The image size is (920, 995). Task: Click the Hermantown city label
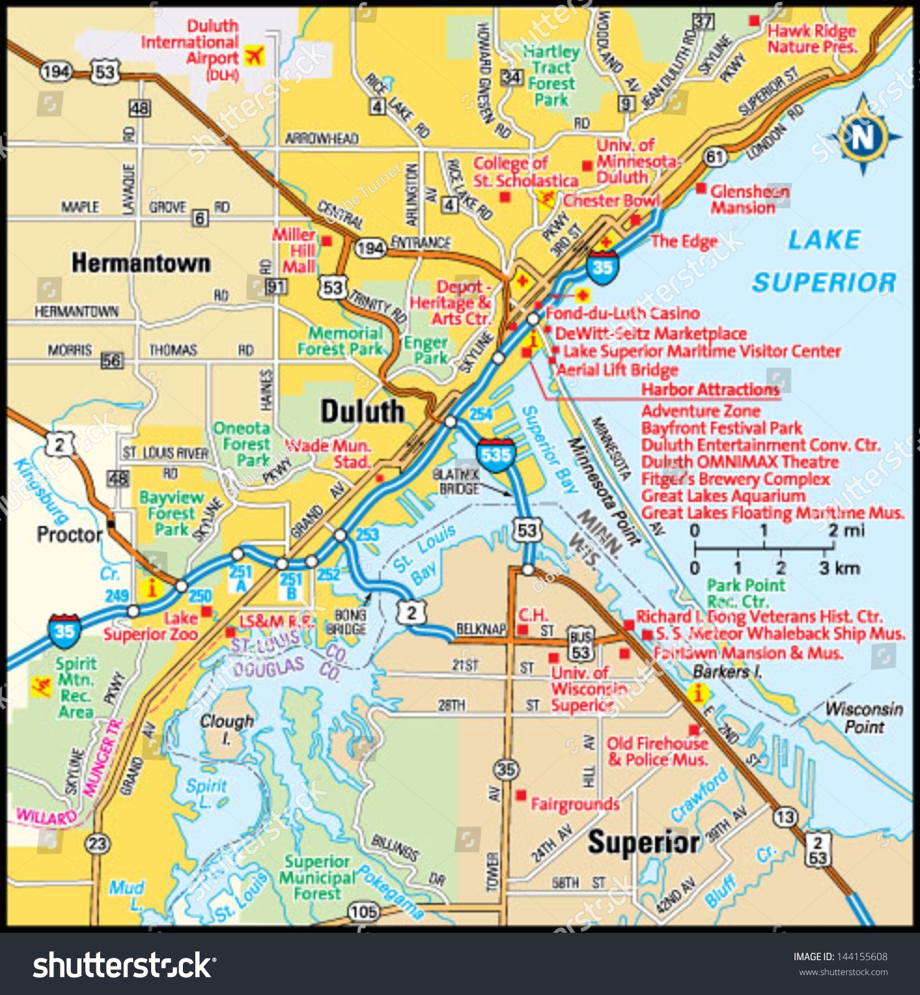[x=141, y=263]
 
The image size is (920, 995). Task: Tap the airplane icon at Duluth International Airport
[x=254, y=56]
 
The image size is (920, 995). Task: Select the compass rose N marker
[x=863, y=136]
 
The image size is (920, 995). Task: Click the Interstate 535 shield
[x=496, y=454]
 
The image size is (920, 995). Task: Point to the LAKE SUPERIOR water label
[x=824, y=261]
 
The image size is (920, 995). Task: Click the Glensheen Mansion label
[x=750, y=199]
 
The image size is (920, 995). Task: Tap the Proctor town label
[x=69, y=534]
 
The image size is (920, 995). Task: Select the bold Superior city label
[x=644, y=843]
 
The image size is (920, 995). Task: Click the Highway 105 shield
[x=364, y=912]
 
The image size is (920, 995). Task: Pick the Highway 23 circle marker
[x=98, y=844]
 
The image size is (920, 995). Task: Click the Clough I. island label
[x=226, y=728]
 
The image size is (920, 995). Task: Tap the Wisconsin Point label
[x=864, y=718]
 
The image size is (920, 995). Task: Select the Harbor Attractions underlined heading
[x=710, y=390]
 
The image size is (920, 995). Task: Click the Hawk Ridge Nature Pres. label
[x=811, y=39]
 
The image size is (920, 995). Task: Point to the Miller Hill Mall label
[x=294, y=251]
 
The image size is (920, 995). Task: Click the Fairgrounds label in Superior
[x=575, y=805]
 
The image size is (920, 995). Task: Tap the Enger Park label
[x=426, y=350]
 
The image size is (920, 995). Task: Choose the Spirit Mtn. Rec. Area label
[x=76, y=688]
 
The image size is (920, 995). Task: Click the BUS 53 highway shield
[x=580, y=646]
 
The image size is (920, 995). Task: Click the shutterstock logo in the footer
[x=124, y=966]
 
